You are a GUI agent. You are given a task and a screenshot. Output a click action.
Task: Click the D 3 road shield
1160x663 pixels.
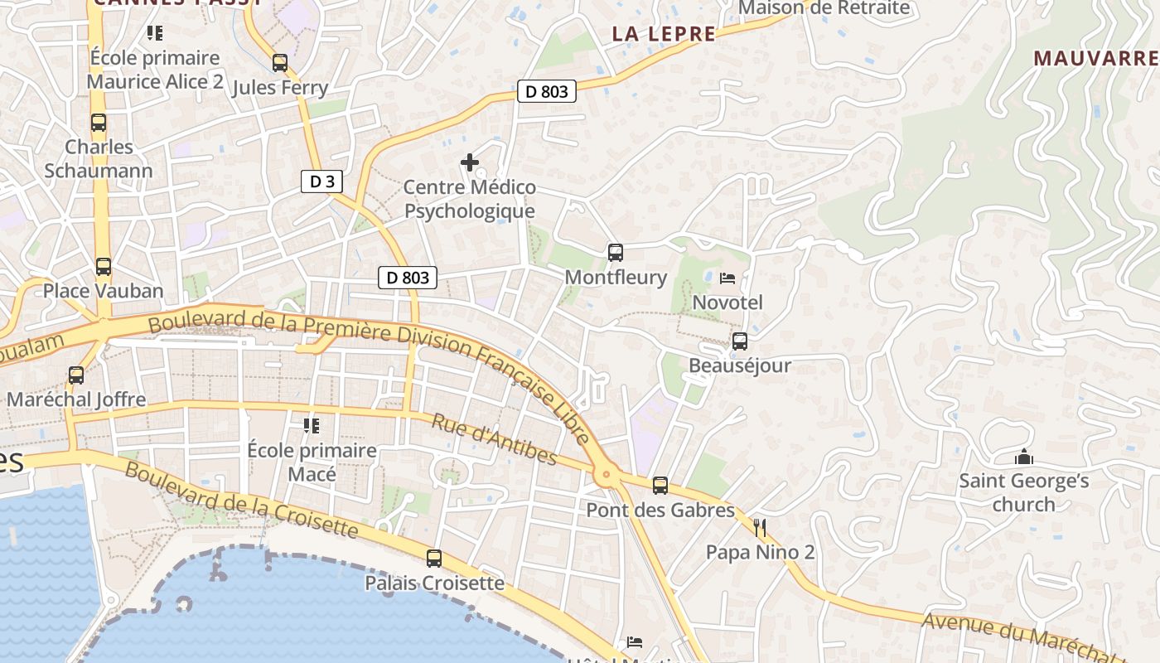(x=321, y=181)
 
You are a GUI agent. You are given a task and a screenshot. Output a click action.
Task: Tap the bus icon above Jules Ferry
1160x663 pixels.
(x=280, y=63)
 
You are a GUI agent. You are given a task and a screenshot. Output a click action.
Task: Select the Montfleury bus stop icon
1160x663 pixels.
(x=615, y=253)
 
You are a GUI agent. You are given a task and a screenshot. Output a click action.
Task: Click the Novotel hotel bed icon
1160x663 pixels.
(x=727, y=278)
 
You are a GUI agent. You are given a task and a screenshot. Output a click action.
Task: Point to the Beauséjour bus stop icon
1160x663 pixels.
(x=740, y=341)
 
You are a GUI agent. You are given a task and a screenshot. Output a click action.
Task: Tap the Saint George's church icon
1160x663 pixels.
(x=1024, y=457)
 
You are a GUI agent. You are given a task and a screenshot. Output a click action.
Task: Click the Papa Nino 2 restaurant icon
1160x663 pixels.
(x=760, y=528)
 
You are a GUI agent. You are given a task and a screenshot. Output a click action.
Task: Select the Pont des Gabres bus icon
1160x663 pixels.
(x=660, y=486)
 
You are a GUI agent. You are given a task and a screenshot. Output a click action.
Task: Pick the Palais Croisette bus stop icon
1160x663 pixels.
(x=434, y=559)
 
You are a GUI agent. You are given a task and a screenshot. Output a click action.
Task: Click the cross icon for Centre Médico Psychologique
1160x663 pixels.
(x=470, y=162)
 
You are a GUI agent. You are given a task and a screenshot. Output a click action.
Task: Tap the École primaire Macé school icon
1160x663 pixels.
(x=312, y=426)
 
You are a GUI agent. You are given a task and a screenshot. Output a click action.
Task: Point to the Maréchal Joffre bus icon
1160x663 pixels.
(x=76, y=375)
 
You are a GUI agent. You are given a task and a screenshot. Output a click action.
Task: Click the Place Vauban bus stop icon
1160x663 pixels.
(x=104, y=267)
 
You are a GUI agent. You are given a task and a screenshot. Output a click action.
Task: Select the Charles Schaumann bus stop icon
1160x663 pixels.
(x=99, y=123)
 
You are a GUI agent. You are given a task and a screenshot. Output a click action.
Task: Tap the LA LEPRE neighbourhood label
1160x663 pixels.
(x=663, y=34)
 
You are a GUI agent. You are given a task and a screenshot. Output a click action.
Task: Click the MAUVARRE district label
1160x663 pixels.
(x=1095, y=58)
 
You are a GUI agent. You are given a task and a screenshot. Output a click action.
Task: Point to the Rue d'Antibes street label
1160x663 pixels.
(x=494, y=439)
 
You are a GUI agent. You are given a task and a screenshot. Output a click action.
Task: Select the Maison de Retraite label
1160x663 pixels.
(x=824, y=8)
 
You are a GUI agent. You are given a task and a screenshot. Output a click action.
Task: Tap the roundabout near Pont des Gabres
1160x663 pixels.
(x=607, y=476)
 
